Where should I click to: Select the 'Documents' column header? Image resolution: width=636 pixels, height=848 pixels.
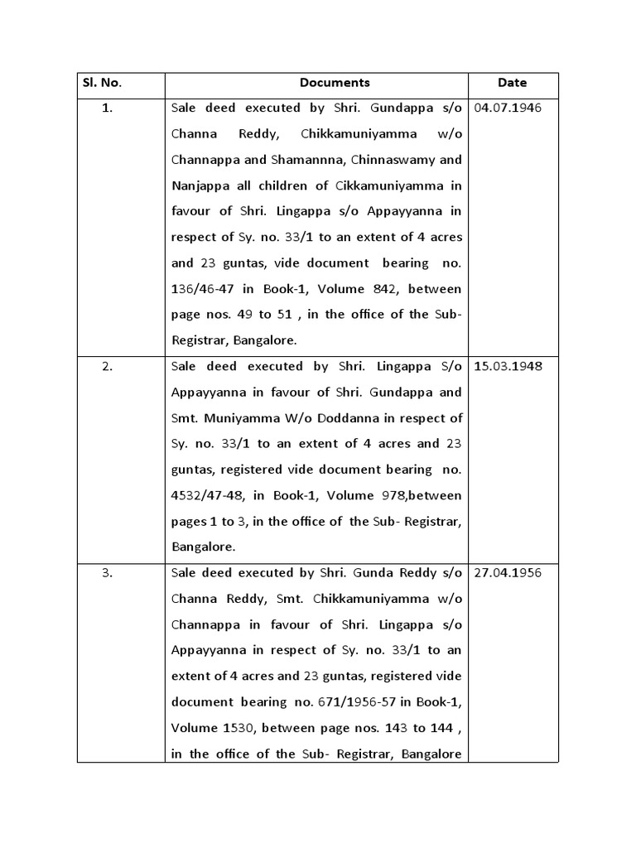(x=335, y=83)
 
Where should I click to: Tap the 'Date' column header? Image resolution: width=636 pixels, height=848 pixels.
(x=512, y=83)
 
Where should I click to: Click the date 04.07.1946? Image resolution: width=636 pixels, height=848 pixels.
(x=508, y=108)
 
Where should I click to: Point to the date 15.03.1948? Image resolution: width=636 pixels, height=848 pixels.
(x=508, y=366)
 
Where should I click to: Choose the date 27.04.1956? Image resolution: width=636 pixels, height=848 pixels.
(x=508, y=573)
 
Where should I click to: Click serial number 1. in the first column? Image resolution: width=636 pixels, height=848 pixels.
(x=108, y=108)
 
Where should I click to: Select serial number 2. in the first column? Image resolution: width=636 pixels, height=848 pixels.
(x=108, y=366)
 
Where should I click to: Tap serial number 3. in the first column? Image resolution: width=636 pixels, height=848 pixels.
(x=108, y=573)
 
